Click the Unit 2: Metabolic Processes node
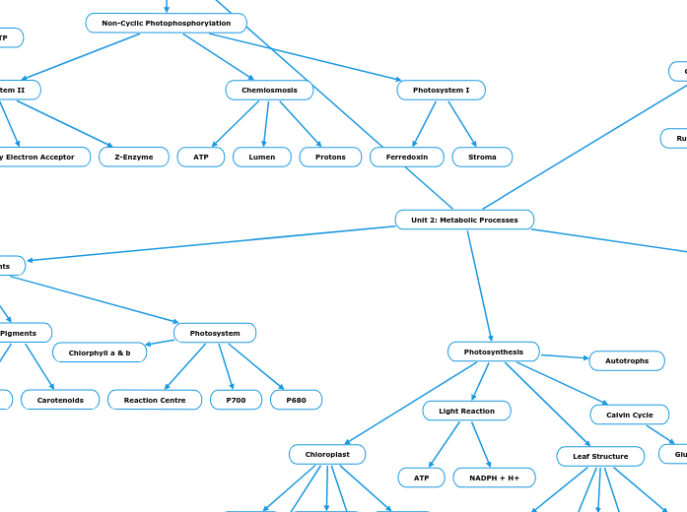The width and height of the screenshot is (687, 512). click(464, 220)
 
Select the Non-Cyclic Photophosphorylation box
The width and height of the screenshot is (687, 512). click(166, 23)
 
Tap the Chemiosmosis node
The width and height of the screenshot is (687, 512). click(269, 90)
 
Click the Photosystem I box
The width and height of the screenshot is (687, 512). click(441, 90)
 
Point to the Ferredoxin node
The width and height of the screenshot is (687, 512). click(406, 157)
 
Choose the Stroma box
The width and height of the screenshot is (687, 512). click(482, 157)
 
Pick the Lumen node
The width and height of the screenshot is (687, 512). click(261, 157)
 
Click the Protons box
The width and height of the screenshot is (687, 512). click(330, 157)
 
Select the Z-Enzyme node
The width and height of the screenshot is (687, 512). click(133, 157)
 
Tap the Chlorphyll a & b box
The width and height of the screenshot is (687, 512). click(100, 352)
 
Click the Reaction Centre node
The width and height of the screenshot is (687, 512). click(155, 400)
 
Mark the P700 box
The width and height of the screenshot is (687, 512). click(236, 400)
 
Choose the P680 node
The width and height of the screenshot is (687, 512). click(296, 400)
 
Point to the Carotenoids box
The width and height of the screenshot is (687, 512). click(60, 400)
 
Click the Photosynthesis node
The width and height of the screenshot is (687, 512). click(493, 352)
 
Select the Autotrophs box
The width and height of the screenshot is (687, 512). click(627, 360)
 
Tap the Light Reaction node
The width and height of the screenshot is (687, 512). click(466, 411)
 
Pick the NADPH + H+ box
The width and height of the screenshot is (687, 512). click(494, 478)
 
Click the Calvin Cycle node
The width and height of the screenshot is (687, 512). click(629, 415)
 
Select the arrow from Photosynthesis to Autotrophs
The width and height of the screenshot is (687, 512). click(564, 356)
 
